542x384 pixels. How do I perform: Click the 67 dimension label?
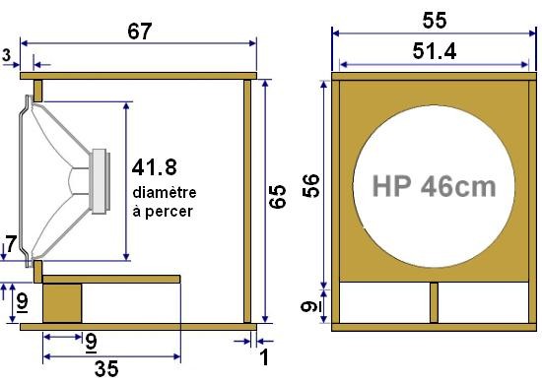click(140, 31)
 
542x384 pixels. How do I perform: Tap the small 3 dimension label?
click(7, 56)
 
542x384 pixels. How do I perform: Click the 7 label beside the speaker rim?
click(11, 243)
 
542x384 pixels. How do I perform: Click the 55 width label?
click(434, 19)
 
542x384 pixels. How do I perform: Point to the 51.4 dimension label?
click(434, 53)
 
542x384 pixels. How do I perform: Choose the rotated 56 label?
click(310, 185)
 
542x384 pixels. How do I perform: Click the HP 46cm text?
click(434, 185)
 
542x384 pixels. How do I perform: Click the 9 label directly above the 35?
click(92, 343)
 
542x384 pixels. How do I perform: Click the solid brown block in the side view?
click(62, 303)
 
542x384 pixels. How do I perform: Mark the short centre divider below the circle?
click(434, 303)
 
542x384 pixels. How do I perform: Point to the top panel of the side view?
click(139, 75)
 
